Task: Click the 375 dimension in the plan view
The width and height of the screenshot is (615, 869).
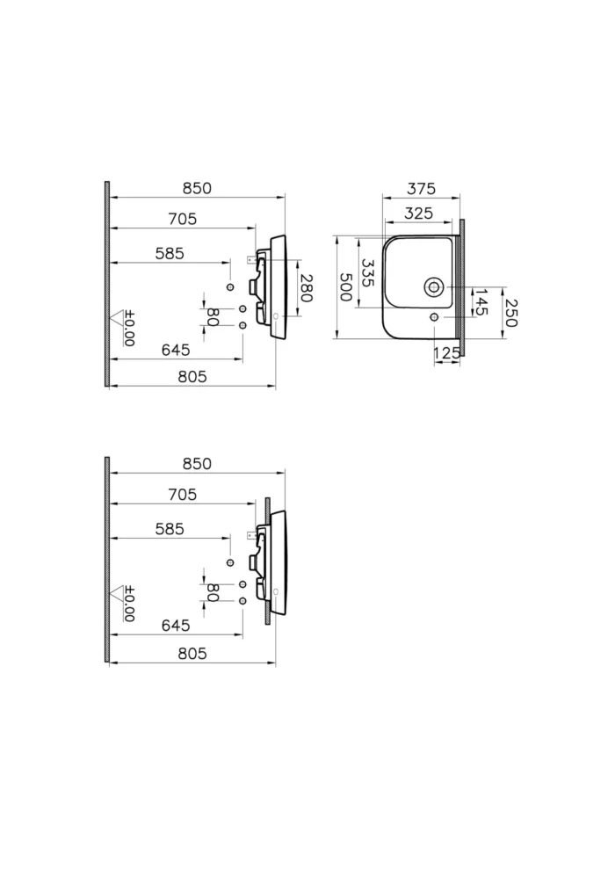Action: [421, 189]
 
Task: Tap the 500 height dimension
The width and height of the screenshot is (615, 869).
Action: [345, 287]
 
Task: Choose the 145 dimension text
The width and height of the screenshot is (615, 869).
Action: [481, 302]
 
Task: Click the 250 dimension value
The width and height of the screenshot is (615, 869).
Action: [510, 311]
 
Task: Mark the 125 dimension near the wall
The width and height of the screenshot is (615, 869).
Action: [447, 353]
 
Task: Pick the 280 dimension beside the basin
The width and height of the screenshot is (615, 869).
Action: [306, 288]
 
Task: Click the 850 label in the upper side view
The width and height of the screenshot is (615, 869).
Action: [197, 188]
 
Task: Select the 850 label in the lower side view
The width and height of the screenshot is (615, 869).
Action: [197, 464]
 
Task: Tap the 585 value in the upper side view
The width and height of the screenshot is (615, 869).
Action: [170, 253]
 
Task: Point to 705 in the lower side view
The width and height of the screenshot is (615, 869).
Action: [182, 495]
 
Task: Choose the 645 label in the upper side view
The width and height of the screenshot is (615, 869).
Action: [176, 350]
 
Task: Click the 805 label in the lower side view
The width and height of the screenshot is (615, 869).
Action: [192, 653]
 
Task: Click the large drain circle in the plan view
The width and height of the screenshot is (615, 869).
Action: [434, 286]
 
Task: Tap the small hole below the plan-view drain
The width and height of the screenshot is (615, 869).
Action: [434, 316]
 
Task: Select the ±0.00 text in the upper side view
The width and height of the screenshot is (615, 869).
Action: [129, 329]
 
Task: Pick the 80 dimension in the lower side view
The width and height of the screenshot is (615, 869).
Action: [212, 592]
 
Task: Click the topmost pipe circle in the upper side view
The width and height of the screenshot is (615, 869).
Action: [230, 287]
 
